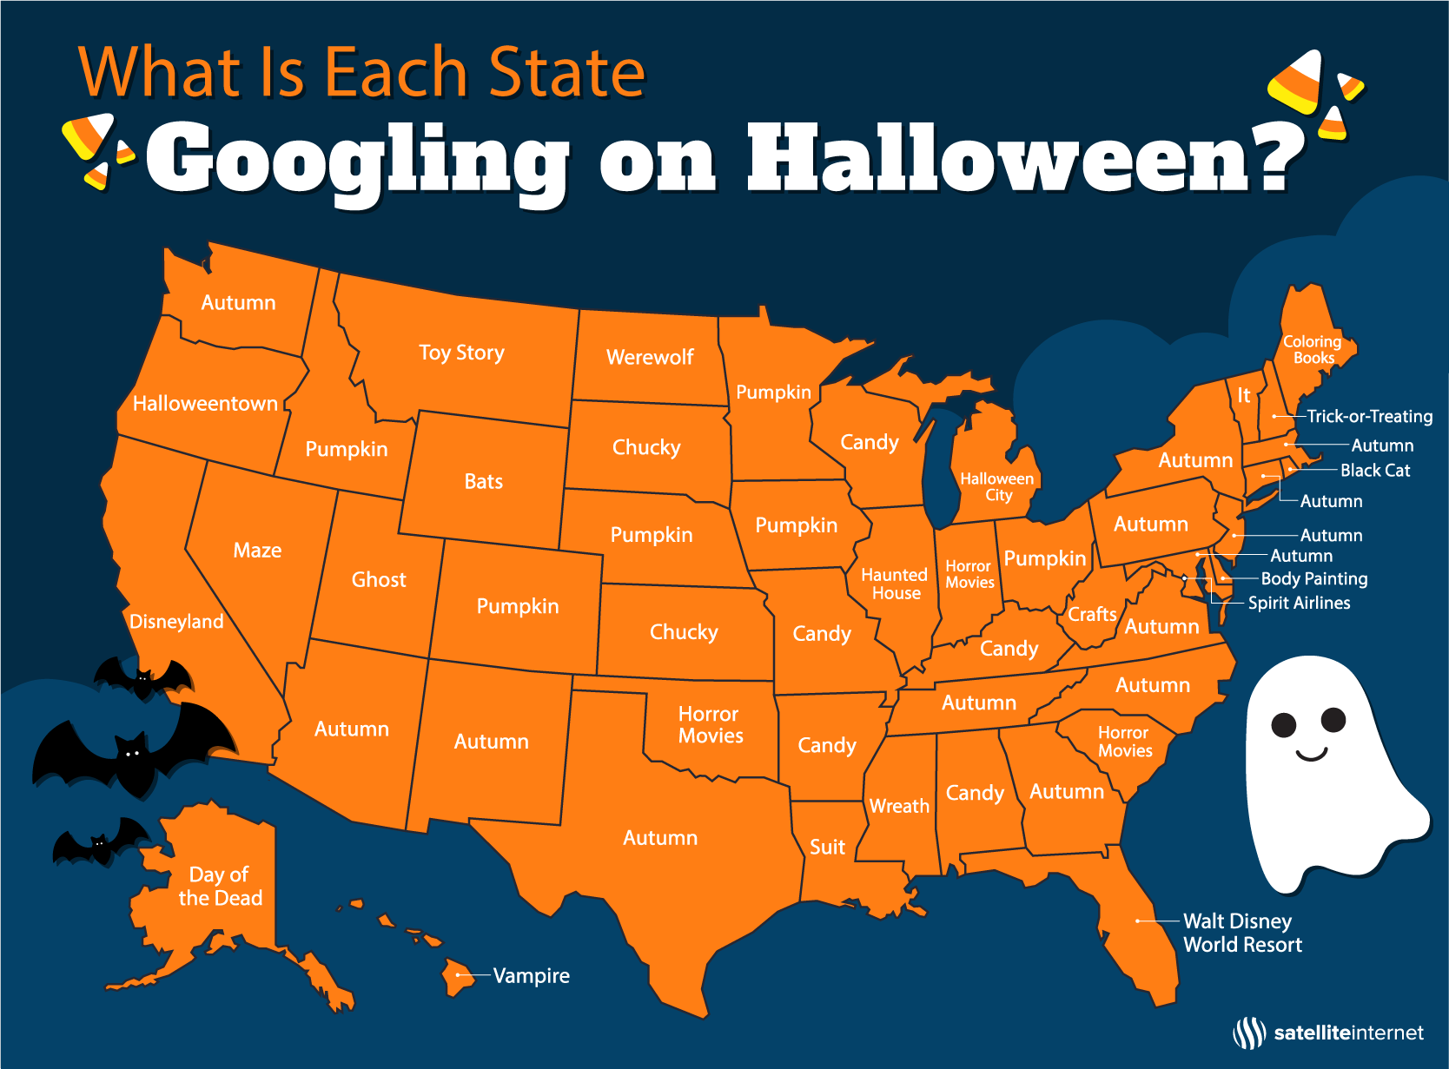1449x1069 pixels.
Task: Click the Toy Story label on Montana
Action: click(x=461, y=353)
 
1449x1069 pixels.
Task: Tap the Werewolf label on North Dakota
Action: click(x=650, y=357)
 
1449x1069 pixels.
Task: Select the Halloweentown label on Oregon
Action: click(x=205, y=403)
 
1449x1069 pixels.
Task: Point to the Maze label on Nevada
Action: click(x=257, y=550)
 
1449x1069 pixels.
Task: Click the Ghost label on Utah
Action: click(x=378, y=579)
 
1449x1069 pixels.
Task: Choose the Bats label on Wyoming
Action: click(x=483, y=481)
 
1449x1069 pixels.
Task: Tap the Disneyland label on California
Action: click(x=176, y=621)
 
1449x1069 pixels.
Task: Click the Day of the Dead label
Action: click(x=220, y=886)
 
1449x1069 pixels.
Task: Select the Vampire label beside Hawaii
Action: click(x=531, y=975)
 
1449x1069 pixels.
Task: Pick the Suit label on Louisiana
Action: click(x=827, y=847)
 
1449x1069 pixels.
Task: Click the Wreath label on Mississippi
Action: click(x=899, y=806)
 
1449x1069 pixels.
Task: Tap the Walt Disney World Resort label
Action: click(x=1242, y=933)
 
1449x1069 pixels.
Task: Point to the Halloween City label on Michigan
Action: click(x=997, y=486)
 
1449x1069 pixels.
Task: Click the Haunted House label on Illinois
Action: click(x=895, y=584)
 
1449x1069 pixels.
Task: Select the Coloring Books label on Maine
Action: click(x=1313, y=349)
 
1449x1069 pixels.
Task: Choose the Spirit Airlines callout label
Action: click(x=1299, y=603)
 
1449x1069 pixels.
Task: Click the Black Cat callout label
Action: click(x=1374, y=470)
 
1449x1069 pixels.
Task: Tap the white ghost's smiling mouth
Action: click(x=1311, y=754)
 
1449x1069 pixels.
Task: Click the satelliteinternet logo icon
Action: click(x=1249, y=1033)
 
